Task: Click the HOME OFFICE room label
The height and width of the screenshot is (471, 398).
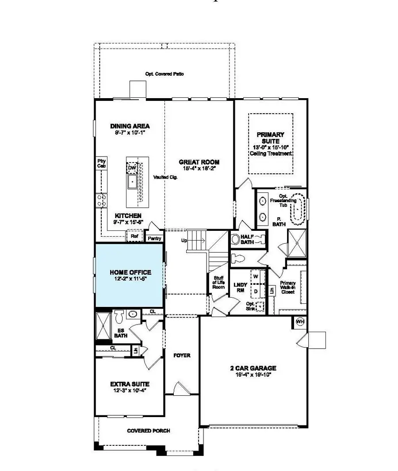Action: tap(130, 272)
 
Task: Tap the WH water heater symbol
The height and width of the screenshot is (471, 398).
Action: tap(300, 321)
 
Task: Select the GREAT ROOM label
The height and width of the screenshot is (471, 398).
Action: tap(199, 162)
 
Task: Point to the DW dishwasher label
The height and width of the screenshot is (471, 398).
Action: tap(132, 168)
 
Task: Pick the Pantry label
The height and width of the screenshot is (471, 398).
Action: tap(154, 238)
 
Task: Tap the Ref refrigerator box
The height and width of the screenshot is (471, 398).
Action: tap(134, 237)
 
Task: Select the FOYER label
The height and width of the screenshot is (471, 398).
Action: tap(181, 355)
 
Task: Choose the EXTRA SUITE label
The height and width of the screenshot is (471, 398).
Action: tap(130, 384)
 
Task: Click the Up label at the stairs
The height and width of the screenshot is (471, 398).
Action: tap(184, 241)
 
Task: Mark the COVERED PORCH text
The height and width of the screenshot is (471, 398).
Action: tap(148, 430)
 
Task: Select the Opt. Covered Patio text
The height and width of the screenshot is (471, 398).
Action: tap(165, 74)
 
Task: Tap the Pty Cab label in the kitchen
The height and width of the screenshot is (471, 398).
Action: tap(101, 163)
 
